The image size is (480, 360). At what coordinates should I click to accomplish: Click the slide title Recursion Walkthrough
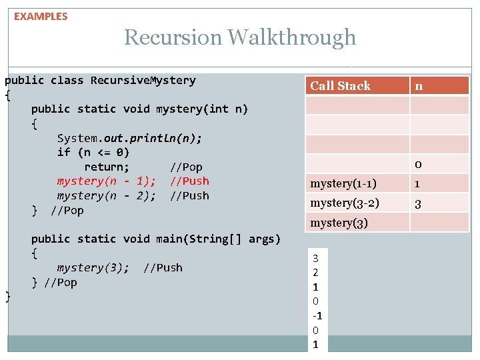coord(240,37)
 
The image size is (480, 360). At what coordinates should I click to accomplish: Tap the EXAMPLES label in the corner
coord(41,16)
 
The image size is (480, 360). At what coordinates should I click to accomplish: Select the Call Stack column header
coord(340,85)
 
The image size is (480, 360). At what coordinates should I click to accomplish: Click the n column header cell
coord(419,85)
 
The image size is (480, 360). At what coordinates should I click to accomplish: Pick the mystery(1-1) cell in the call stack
coord(343,183)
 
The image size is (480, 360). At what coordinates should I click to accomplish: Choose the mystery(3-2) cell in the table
coord(345,203)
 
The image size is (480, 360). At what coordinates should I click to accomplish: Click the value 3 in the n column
coord(418,203)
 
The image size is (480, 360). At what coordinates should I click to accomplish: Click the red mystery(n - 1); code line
coord(107,181)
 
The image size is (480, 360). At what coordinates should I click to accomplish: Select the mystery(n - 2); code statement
coord(107,196)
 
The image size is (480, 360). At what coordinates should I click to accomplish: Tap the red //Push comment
coord(189,181)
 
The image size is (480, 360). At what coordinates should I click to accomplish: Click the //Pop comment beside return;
coord(186,167)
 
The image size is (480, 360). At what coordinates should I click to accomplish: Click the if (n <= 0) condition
coord(93,153)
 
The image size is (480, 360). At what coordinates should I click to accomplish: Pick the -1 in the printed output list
coord(315,315)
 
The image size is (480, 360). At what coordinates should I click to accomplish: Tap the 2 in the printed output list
coord(315,272)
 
